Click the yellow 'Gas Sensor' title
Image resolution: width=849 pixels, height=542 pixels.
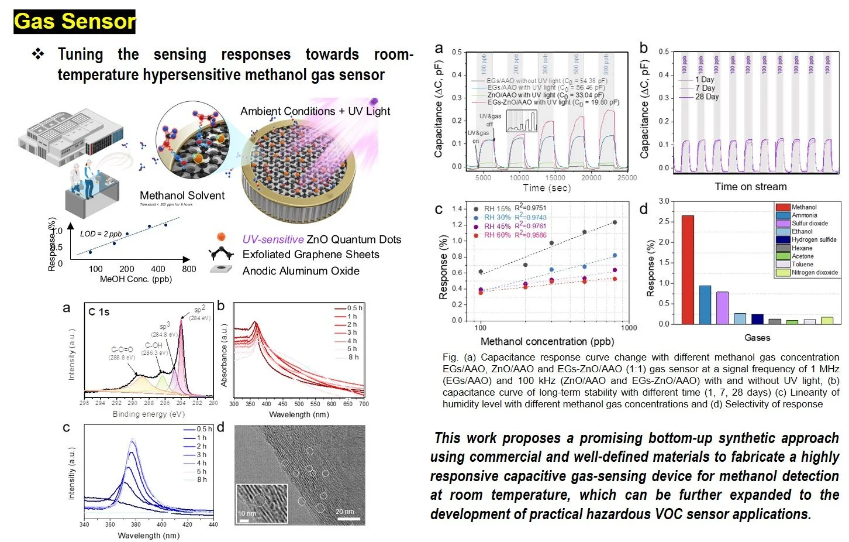pos(74,22)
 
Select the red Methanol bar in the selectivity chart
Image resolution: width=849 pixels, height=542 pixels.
pos(688,269)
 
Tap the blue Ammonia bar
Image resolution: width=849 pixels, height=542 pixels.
pos(705,304)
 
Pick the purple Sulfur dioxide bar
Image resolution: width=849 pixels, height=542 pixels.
pos(722,307)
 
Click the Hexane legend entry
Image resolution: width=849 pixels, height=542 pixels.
pos(802,248)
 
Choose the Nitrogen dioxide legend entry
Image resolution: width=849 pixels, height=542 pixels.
pos(814,273)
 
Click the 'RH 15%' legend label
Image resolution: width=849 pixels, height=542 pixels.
pos(497,208)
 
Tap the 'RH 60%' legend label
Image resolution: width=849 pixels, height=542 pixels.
pos(497,235)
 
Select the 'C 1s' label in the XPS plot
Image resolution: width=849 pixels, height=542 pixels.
pos(99,312)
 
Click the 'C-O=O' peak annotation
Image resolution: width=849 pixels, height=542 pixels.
pos(122,350)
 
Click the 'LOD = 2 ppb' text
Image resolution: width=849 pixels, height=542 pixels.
pos(101,234)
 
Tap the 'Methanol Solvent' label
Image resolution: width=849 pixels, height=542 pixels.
pos(182,195)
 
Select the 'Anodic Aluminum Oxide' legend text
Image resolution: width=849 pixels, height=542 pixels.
pos(301,270)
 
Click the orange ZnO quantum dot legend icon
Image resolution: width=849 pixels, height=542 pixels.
pos(221,237)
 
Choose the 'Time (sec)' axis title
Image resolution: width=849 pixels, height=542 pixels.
pos(546,188)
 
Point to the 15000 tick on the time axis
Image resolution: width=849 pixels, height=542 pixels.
pos(555,178)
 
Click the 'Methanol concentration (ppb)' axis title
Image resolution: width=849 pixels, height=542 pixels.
pos(547,341)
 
